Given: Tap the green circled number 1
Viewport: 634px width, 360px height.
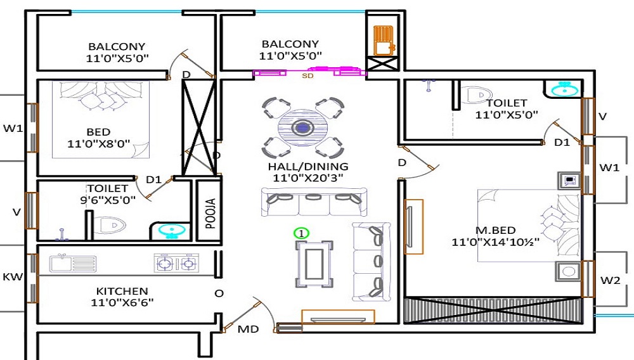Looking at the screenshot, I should pos(302,233).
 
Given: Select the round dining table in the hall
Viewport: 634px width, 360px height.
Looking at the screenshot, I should pos(303,128).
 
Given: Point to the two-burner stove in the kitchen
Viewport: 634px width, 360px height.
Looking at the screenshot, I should pos(175,263).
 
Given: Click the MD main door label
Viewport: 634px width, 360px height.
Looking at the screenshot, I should pos(248,329).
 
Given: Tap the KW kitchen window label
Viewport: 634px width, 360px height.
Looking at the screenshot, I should pos(13,277).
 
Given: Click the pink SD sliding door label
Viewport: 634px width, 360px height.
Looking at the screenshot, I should pos(307,76).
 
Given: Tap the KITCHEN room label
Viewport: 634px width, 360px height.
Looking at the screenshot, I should pos(122,291).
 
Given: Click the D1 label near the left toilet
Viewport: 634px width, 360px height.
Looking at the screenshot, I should pos(153,180).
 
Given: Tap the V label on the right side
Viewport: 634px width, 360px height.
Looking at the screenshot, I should pos(602,116).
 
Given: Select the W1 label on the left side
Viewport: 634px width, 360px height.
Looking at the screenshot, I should pos(13,129).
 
